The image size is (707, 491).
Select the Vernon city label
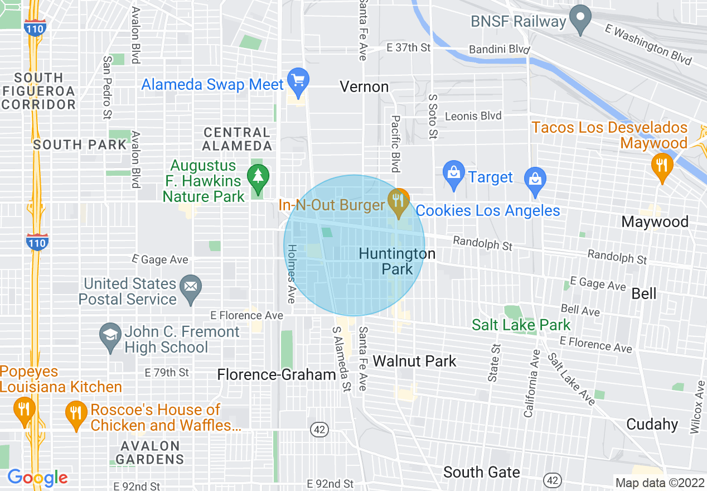pyautogui.click(x=364, y=86)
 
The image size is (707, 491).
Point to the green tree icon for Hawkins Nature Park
pyautogui.click(x=258, y=177)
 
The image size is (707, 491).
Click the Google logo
pyautogui.click(x=38, y=478)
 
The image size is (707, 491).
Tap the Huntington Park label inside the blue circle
pyautogui.click(x=397, y=261)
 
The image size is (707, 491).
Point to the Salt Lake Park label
pyautogui.click(x=521, y=325)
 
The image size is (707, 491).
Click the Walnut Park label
pyautogui.click(x=414, y=361)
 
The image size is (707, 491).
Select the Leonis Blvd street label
pyautogui.click(x=473, y=116)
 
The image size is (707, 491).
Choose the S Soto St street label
pyautogui.click(x=433, y=116)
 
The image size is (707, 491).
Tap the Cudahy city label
pyautogui.click(x=652, y=424)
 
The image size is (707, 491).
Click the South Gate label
pyautogui.click(x=481, y=472)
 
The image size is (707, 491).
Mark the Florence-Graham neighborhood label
pyautogui.click(x=277, y=374)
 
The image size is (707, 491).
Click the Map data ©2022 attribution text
pyautogui.click(x=659, y=483)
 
